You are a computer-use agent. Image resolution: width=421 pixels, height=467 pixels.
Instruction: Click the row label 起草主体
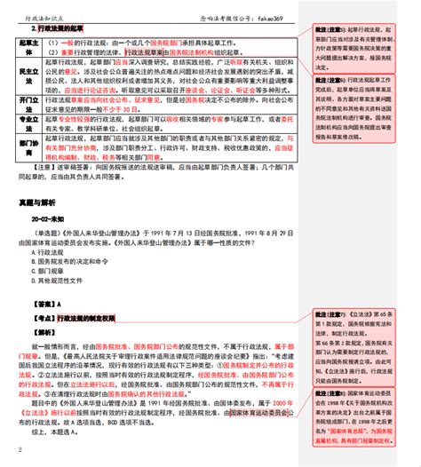(x=28, y=47)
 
